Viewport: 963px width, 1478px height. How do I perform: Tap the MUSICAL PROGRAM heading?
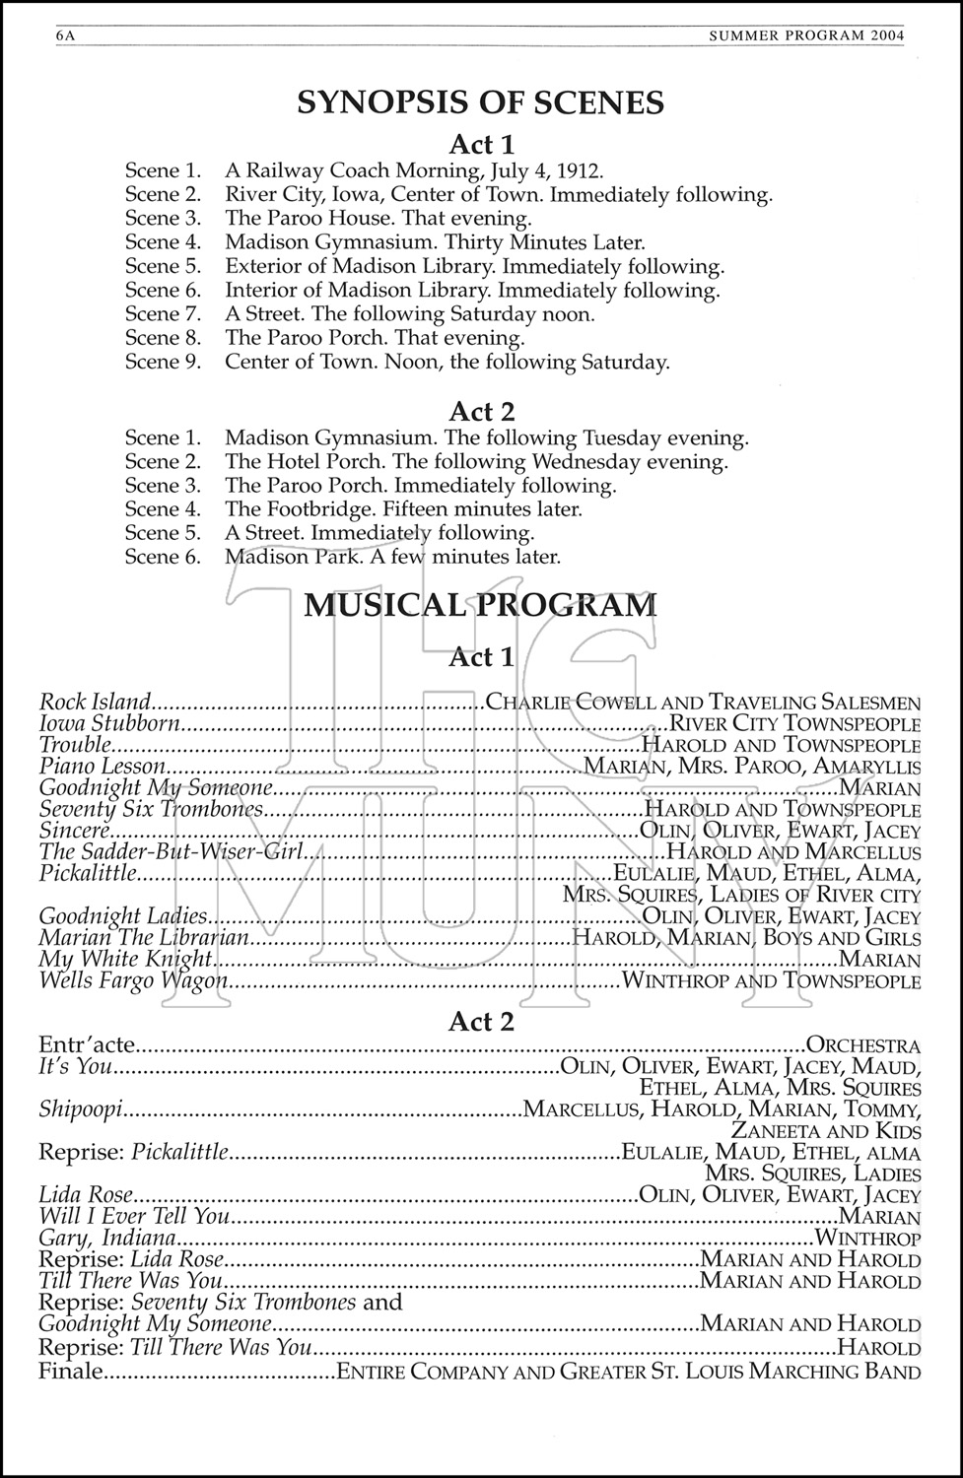pyautogui.click(x=480, y=604)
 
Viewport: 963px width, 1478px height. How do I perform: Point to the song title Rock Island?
pyautogui.click(x=95, y=703)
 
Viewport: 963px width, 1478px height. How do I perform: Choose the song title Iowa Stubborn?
pyautogui.click(x=109, y=724)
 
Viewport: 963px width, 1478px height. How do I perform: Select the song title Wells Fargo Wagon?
pyautogui.click(x=133, y=981)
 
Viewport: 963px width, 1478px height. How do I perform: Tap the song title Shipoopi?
pyautogui.click(x=80, y=1109)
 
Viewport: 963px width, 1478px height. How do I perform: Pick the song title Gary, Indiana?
pyautogui.click(x=107, y=1239)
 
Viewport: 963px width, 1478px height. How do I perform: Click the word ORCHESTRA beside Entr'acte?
pyautogui.click(x=863, y=1045)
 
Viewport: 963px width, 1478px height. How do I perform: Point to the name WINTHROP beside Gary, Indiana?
pyautogui.click(x=868, y=1239)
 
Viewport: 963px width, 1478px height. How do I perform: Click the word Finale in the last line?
pyautogui.click(x=70, y=1372)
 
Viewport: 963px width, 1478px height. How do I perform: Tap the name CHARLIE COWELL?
pyautogui.click(x=571, y=703)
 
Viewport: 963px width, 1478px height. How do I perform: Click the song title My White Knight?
pyautogui.click(x=125, y=960)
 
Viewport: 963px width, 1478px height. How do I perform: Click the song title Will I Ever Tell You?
pyautogui.click(x=133, y=1217)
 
